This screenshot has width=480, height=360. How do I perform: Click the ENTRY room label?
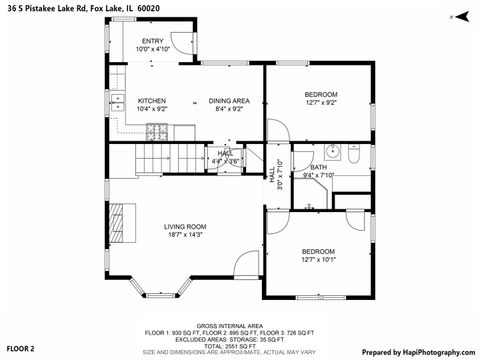tap(153, 41)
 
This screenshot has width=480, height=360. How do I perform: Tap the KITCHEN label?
tap(151, 100)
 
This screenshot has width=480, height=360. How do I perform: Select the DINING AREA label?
tap(229, 100)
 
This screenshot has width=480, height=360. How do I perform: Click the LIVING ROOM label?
tap(185, 226)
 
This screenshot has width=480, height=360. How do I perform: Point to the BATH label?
tap(318, 167)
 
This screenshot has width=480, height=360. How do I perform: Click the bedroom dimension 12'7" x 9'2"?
tap(321, 102)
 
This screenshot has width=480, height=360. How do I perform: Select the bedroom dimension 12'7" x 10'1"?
tap(318, 259)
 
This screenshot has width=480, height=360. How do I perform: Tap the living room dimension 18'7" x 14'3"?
tap(185, 234)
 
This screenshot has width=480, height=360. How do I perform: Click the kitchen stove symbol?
tap(158, 131)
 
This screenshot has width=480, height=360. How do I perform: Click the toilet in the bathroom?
tap(354, 153)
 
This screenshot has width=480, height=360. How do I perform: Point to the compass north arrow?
tap(459, 17)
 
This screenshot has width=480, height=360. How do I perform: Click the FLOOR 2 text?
tap(21, 348)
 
